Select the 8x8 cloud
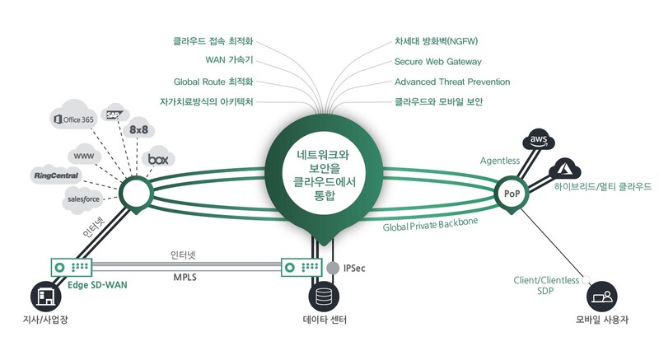(x=138, y=129)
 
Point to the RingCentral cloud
(x=56, y=175)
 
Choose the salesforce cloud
(x=78, y=199)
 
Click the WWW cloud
(x=83, y=155)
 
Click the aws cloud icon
(x=539, y=141)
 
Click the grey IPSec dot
(x=333, y=269)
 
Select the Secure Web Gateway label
(x=437, y=62)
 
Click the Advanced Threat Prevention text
(x=452, y=82)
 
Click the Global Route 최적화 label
(x=213, y=82)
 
